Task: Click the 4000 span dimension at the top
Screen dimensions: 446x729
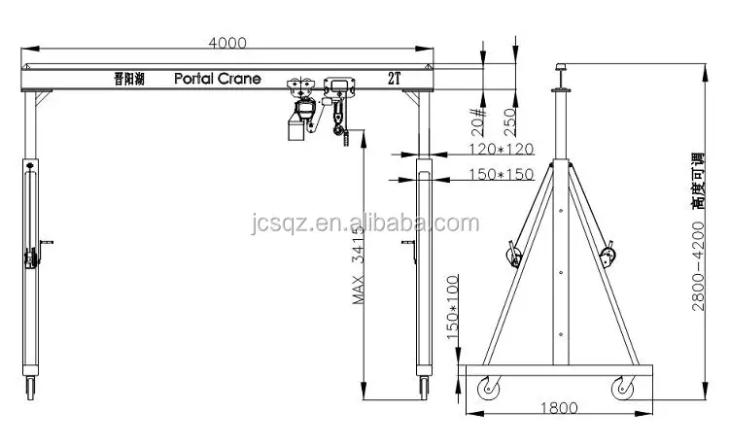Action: [226, 43]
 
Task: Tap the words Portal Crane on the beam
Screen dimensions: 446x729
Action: [218, 79]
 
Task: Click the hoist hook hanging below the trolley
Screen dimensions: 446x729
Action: [340, 127]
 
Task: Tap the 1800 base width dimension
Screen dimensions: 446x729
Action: [557, 408]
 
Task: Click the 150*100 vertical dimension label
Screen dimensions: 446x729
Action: [452, 304]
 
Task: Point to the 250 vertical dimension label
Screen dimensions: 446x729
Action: [509, 120]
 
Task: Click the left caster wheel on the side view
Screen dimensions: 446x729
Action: [485, 388]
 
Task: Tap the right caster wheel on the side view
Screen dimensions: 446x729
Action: [619, 388]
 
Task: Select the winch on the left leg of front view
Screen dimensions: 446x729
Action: [30, 258]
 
